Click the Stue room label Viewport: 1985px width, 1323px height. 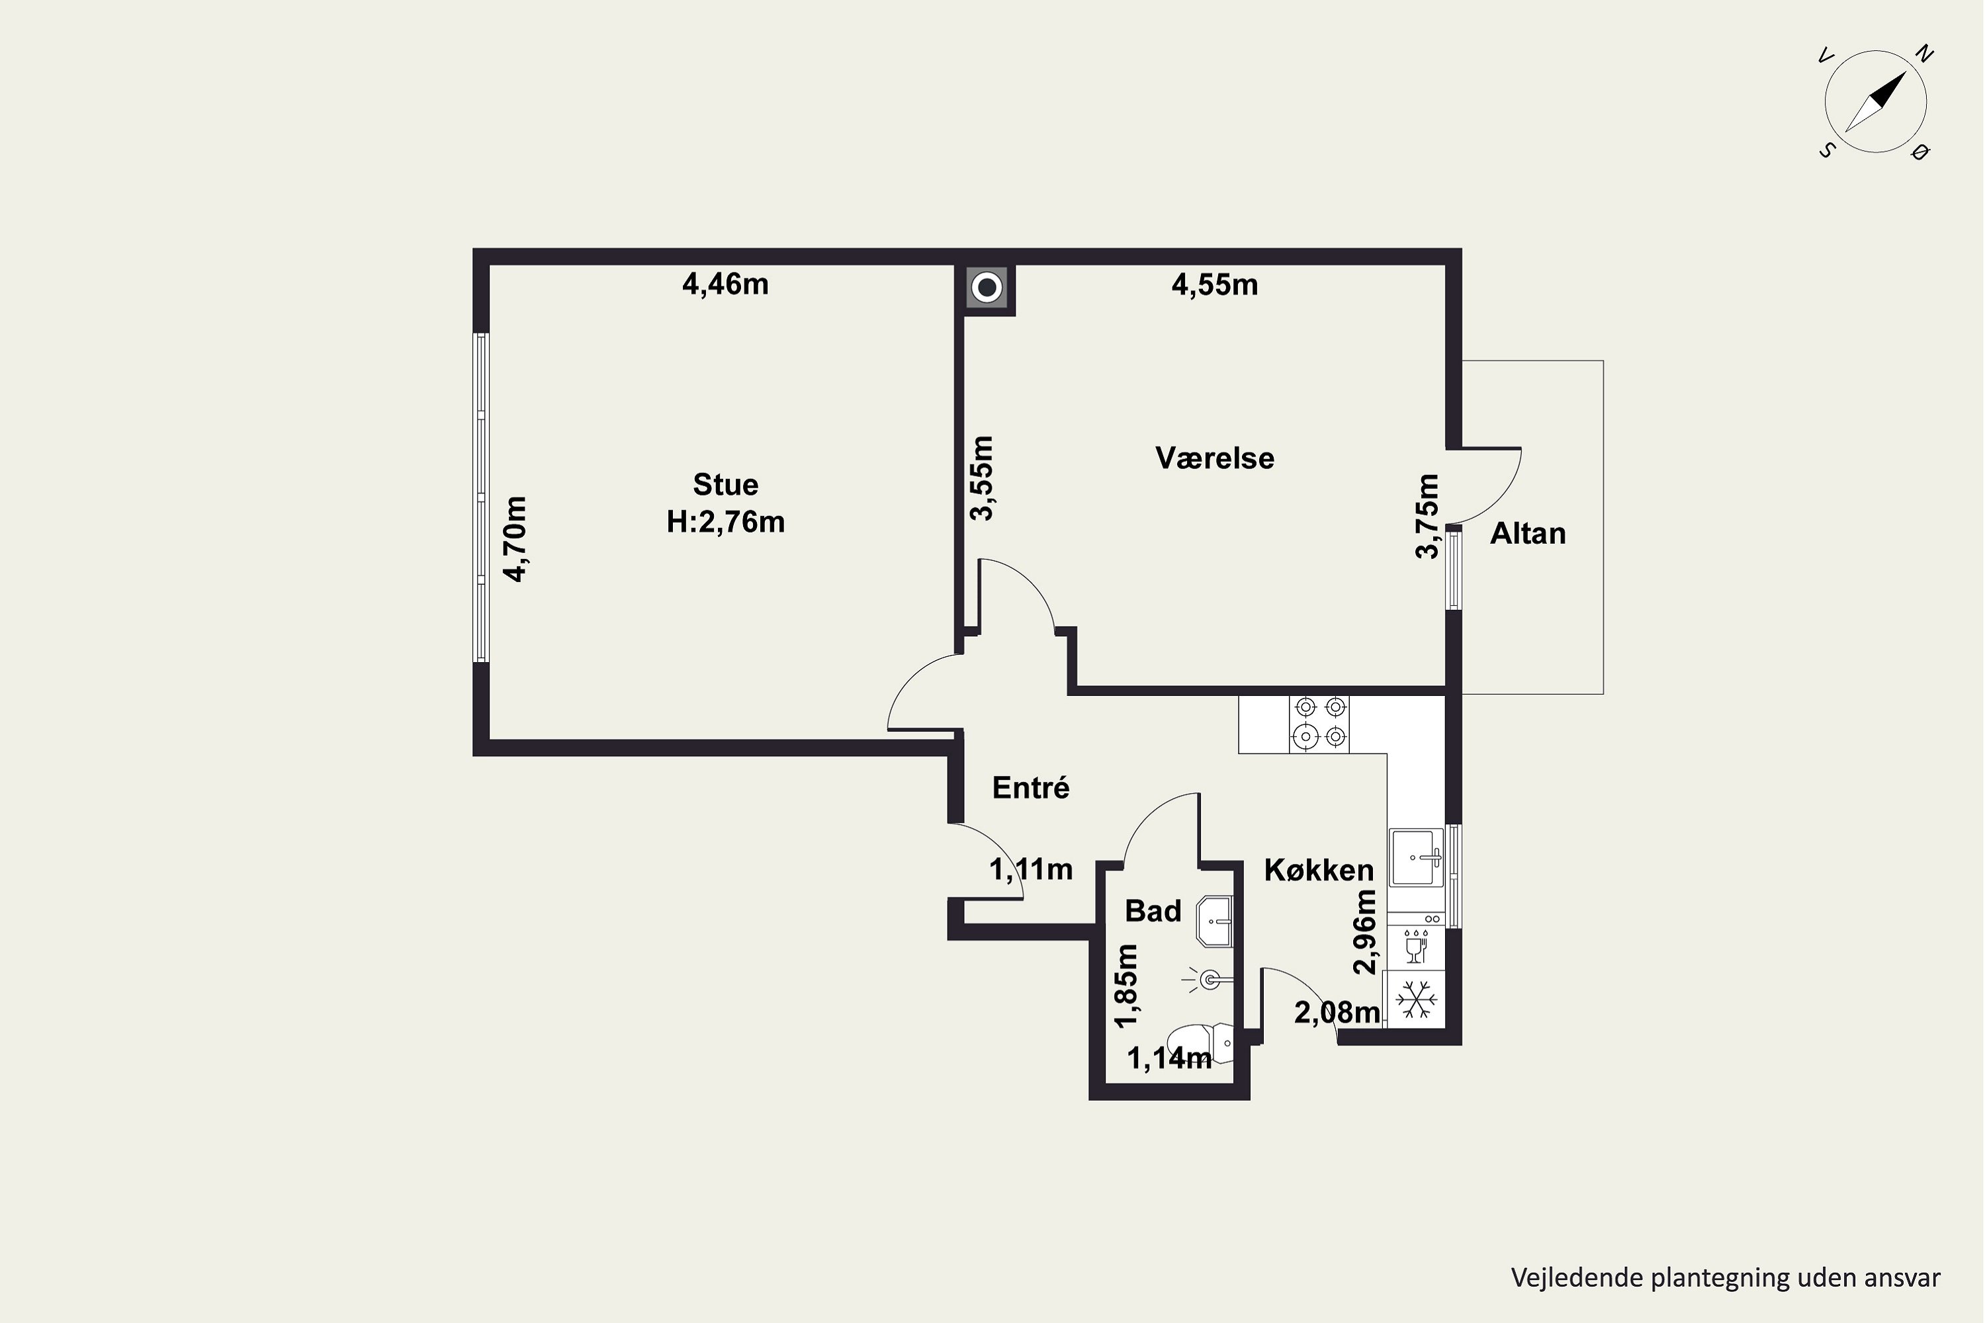(x=725, y=484)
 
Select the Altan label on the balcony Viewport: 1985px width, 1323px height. (x=1528, y=533)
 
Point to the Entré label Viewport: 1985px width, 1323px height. (x=1030, y=787)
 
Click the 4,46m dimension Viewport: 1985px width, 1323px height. (x=725, y=284)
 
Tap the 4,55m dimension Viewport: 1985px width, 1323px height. (x=1214, y=285)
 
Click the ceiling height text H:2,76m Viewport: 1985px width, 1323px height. (x=725, y=523)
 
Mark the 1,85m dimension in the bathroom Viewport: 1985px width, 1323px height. (x=1126, y=986)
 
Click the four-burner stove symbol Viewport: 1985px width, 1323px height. (x=1319, y=724)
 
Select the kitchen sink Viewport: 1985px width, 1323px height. (x=1417, y=857)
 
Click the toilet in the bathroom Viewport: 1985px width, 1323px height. (x=1199, y=1045)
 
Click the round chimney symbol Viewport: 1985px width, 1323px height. (x=987, y=288)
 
